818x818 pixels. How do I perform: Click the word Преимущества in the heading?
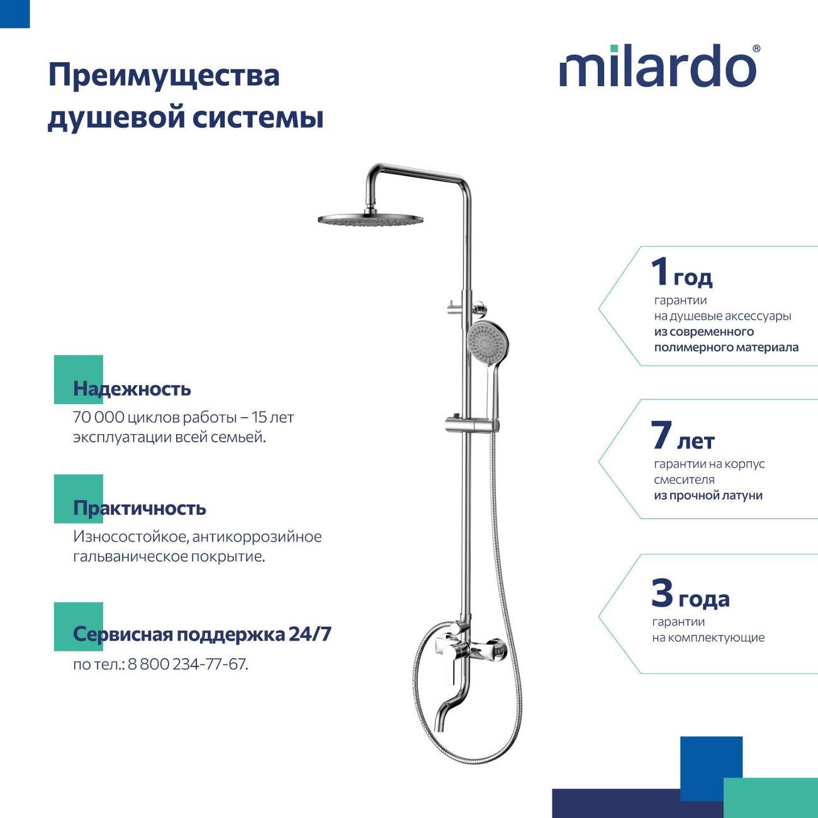(x=164, y=76)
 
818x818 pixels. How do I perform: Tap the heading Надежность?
(x=132, y=389)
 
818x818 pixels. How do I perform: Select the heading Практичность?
(x=139, y=508)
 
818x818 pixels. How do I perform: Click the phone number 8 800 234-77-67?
(x=188, y=664)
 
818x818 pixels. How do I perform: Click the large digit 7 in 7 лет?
(x=661, y=435)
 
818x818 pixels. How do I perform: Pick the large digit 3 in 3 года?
(x=662, y=593)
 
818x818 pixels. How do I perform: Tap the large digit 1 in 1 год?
(x=659, y=272)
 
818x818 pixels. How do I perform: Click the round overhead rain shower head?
(x=370, y=220)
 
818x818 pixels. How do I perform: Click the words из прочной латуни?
(x=708, y=496)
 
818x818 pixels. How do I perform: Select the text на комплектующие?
(x=708, y=637)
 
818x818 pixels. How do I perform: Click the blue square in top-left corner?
(x=14, y=14)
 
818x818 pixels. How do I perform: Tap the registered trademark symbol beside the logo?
(x=756, y=48)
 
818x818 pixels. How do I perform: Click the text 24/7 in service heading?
(x=310, y=634)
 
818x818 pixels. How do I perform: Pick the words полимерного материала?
(x=726, y=347)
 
